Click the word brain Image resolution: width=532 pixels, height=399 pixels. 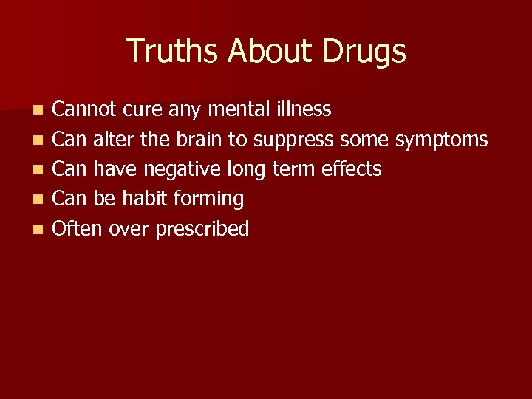pyautogui.click(x=199, y=139)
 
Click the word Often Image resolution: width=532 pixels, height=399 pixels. pyautogui.click(x=78, y=228)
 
